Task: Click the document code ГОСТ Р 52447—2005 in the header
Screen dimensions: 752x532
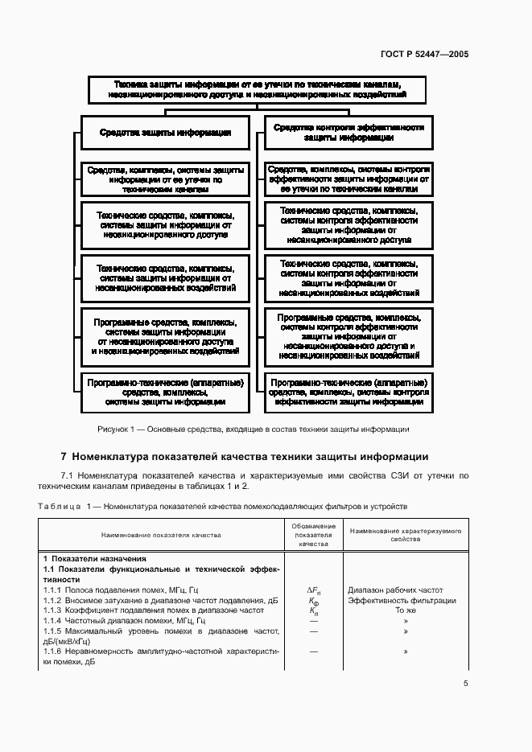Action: (424, 55)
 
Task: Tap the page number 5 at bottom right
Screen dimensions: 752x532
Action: (466, 684)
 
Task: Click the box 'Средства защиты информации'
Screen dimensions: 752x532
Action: (165, 132)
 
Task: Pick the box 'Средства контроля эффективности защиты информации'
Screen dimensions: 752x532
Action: (348, 132)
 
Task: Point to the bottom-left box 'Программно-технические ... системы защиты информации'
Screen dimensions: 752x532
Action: (165, 391)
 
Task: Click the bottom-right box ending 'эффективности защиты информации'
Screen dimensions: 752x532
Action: (348, 391)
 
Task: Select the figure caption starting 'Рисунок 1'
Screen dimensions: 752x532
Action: (254, 429)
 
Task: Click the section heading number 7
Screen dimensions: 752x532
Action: (64, 457)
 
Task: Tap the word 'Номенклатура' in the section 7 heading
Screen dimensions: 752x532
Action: (113, 457)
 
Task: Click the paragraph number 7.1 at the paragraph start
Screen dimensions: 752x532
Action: (68, 476)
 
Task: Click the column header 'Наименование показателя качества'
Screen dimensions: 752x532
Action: (161, 535)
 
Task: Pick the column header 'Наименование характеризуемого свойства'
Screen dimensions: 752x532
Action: (405, 535)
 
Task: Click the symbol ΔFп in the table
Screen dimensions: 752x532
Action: (313, 590)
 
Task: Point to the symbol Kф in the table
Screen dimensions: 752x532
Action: (313, 600)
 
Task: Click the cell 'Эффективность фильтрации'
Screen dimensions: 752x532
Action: (402, 600)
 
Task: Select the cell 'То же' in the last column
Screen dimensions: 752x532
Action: (405, 610)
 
